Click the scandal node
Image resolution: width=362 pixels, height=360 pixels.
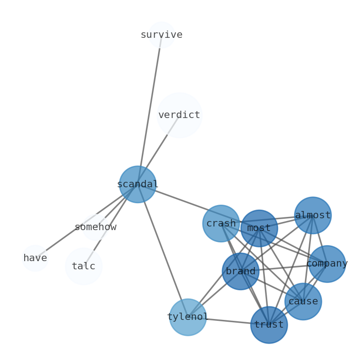pyautogui.click(x=138, y=184)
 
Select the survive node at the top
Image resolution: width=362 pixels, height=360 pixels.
pyautogui.click(x=162, y=35)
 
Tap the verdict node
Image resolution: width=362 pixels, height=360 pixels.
pyautogui.click(x=179, y=115)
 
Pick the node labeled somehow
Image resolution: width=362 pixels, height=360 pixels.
pyautogui.click(x=95, y=227)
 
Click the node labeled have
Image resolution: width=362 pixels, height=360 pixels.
pyautogui.click(x=35, y=258)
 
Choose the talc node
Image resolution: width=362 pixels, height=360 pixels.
pyautogui.click(x=83, y=266)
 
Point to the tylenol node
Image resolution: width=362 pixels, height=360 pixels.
pyautogui.click(x=188, y=317)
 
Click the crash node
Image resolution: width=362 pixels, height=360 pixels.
pyautogui.click(x=221, y=223)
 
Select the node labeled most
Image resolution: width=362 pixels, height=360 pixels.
pyautogui.click(x=259, y=228)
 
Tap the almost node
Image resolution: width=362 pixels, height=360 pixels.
pyautogui.click(x=313, y=215)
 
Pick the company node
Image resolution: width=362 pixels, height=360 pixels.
pyautogui.click(x=327, y=263)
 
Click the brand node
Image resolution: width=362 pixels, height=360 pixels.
pyautogui.click(x=241, y=271)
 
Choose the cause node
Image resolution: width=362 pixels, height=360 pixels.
pyautogui.click(x=303, y=301)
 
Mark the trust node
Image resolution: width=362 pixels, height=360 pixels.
pyautogui.click(x=269, y=324)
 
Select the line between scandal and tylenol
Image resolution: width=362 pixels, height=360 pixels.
pyautogui.click(x=163, y=251)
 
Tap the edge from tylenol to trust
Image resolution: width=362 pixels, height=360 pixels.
pyautogui.click(x=228, y=321)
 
